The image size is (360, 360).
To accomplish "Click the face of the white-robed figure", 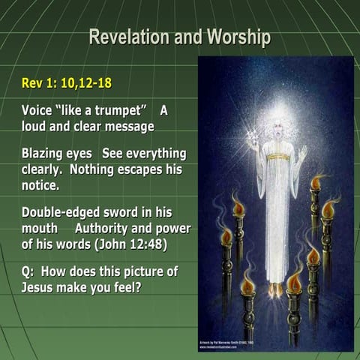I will point(277,135).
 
